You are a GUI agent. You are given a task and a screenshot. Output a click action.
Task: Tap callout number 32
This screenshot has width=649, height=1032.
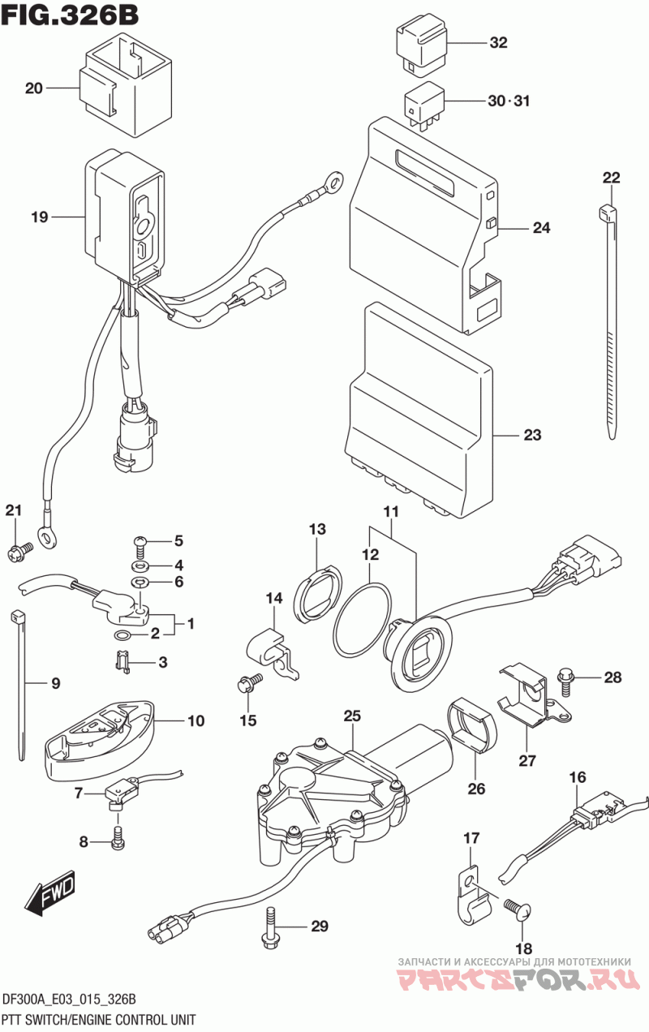pos(498,43)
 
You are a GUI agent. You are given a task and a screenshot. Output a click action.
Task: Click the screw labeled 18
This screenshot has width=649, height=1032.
pos(517,908)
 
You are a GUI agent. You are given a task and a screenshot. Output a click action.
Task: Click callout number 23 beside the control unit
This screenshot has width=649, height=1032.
pos(531,436)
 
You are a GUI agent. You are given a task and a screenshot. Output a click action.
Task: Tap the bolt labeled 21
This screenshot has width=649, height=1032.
pos(18,553)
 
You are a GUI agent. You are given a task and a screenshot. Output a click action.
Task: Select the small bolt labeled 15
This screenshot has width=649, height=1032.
pos(247,683)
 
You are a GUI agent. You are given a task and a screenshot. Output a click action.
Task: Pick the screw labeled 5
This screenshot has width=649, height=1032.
pos(140,541)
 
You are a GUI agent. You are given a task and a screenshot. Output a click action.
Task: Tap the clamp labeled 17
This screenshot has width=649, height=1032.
pos(473,897)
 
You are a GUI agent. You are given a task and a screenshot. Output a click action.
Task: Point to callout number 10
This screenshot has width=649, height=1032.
pos(196,720)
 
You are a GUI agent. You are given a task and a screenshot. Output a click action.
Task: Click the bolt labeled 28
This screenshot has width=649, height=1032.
pos(565,677)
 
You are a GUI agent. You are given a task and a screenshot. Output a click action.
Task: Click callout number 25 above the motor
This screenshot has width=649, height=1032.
pos(351,716)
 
